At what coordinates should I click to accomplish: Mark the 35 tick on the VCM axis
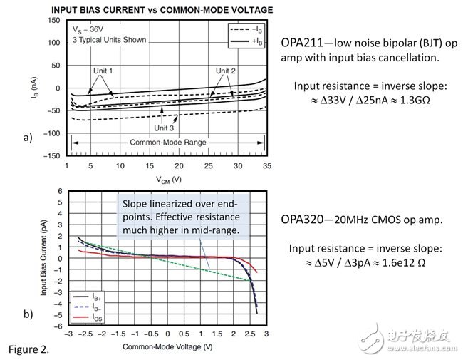tap(266, 165)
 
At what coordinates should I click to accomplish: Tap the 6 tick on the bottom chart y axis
tap(61, 192)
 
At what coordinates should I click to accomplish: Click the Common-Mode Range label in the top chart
tap(169, 143)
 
